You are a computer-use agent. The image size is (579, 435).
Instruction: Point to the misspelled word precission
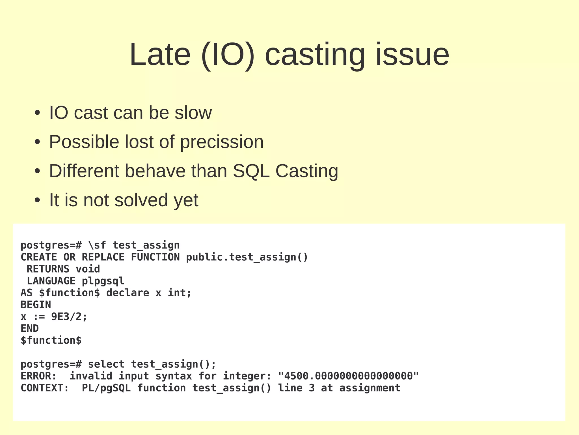[x=222, y=142]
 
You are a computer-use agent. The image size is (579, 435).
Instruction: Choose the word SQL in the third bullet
[x=251, y=171]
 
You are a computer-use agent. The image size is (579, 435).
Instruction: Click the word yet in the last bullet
[x=186, y=200]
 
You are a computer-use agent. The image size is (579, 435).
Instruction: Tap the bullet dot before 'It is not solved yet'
[x=37, y=200]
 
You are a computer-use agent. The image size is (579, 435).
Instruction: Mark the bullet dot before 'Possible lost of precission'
[x=37, y=142]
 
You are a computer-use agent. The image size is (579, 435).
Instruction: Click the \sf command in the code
[x=97, y=245]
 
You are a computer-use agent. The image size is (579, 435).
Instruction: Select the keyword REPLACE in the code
[x=103, y=257]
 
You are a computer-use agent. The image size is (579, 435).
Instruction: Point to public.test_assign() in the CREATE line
[x=247, y=257]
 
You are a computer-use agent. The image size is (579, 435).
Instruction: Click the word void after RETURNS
[x=88, y=269]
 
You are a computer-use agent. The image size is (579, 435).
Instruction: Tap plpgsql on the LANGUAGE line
[x=103, y=281]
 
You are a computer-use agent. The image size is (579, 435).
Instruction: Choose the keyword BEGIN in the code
[x=36, y=305]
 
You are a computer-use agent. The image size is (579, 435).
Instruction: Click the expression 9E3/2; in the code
[x=69, y=316]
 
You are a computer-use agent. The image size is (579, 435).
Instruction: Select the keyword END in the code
[x=30, y=328]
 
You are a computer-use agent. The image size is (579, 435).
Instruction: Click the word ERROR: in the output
[x=39, y=376]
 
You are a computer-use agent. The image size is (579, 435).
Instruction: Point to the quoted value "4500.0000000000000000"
[x=348, y=376]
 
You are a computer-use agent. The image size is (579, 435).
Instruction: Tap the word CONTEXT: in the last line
[x=45, y=388]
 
